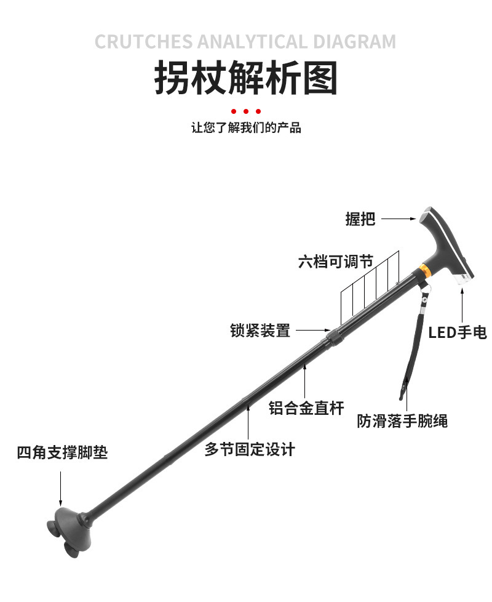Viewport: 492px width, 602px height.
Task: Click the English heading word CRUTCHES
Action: point(143,42)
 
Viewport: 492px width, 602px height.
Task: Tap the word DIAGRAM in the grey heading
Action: point(355,42)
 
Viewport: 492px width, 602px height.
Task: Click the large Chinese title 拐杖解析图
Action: point(246,78)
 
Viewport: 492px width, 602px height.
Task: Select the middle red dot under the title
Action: point(246,111)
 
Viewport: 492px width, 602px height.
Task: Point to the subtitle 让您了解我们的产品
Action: point(246,127)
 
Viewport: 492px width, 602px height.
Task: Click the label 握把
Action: point(360,219)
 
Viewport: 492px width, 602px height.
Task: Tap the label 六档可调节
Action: point(336,262)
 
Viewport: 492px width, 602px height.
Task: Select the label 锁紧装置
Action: point(260,330)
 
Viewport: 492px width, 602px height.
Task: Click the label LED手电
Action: point(458,332)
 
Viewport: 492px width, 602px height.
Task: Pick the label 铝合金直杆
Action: point(306,407)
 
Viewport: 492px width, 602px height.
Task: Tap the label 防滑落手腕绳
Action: point(402,421)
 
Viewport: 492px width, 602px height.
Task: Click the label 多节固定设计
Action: point(250,449)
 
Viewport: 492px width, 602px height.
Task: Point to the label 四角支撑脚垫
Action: point(62,452)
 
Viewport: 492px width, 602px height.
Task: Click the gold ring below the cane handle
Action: point(425,270)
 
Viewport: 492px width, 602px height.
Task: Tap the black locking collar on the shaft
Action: point(333,337)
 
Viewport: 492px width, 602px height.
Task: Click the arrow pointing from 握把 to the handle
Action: point(399,219)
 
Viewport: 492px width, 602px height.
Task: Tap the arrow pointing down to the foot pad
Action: point(60,489)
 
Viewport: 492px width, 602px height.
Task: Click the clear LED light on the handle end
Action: point(462,278)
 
